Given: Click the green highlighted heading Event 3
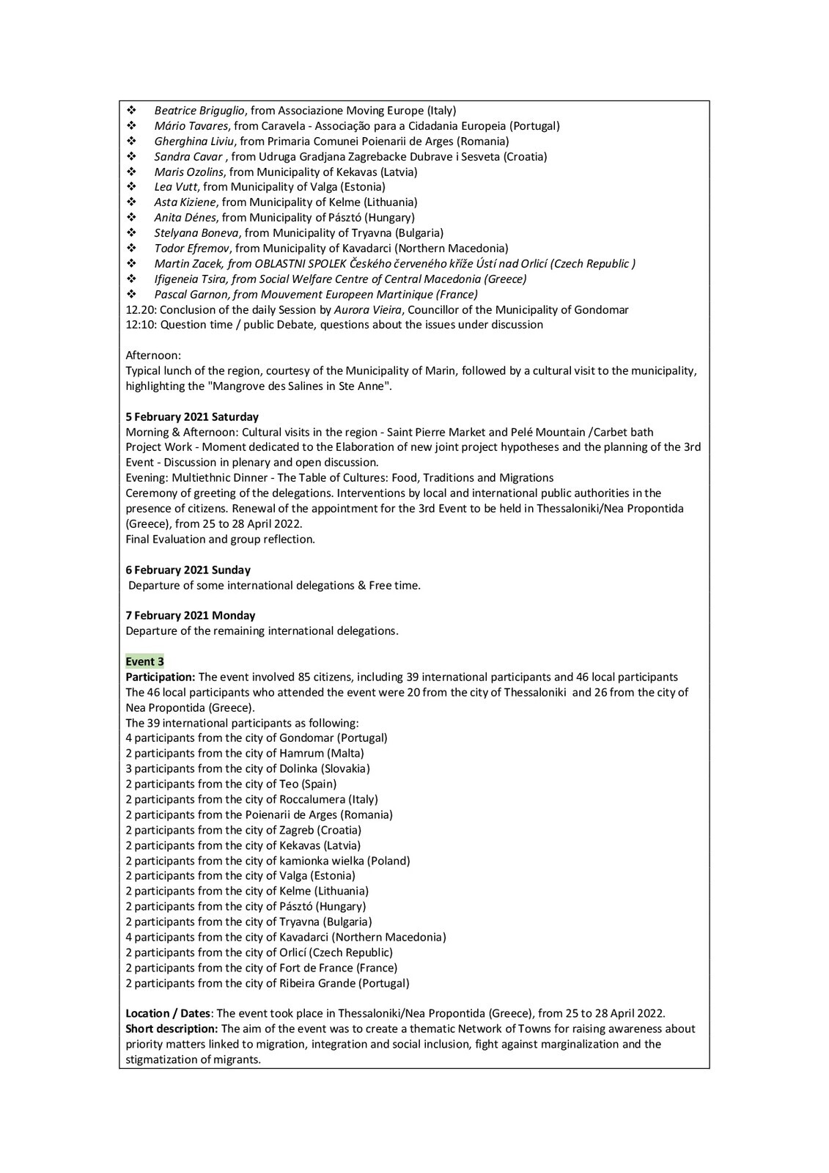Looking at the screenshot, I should [x=144, y=661].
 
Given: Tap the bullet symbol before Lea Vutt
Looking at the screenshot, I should [x=131, y=187].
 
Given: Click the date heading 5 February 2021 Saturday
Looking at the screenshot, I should [x=192, y=416].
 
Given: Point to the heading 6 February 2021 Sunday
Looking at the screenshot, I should [x=188, y=570].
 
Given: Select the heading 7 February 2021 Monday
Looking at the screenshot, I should [x=191, y=615].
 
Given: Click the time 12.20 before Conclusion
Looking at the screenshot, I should [x=141, y=309].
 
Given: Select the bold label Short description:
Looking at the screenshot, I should [x=172, y=1029].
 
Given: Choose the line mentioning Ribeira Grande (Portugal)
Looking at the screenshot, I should [x=268, y=983].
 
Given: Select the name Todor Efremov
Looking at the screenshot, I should [x=193, y=248].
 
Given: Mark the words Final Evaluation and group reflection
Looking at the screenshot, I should [x=220, y=539].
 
